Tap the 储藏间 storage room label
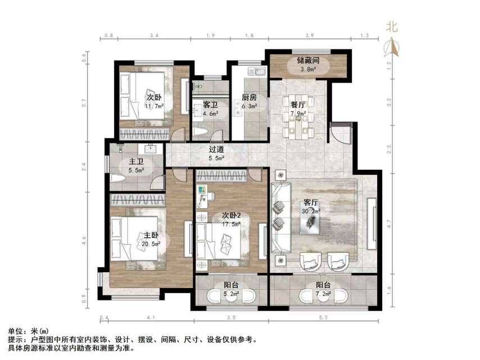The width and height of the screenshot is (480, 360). [x=308, y=61]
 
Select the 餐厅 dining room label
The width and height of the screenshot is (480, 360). [x=298, y=105]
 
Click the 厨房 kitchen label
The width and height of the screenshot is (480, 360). [x=250, y=97]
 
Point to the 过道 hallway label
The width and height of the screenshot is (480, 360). [x=216, y=150]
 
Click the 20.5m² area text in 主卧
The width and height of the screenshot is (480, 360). [x=152, y=244]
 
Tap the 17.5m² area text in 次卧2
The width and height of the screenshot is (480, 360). [x=231, y=223]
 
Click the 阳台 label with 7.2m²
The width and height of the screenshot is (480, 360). [x=323, y=285]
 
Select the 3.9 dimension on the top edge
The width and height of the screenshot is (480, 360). [x=309, y=35]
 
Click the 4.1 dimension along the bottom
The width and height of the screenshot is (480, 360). [x=151, y=319]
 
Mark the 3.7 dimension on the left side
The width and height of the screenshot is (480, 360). [x=84, y=103]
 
